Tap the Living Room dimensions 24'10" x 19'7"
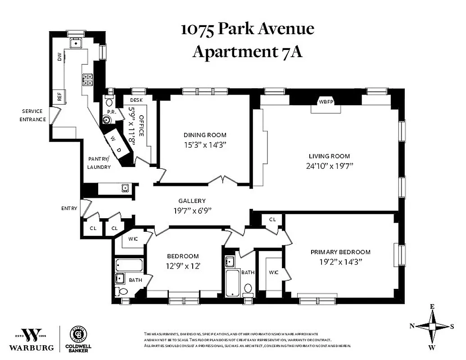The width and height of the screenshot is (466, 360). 329,165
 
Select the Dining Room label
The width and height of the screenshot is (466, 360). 205,135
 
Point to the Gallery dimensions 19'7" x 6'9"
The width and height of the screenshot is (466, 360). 192,210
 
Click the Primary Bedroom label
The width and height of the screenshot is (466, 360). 340,252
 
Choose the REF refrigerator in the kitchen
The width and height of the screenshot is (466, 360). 59,97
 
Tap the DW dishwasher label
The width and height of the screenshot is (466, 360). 59,57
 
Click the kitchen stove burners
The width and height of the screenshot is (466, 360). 87,79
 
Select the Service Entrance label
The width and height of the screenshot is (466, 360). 33,115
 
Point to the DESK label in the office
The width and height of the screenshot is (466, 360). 136,100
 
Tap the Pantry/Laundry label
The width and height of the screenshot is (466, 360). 99,163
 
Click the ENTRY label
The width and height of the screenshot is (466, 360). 69,208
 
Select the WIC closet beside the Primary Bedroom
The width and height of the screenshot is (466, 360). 274,272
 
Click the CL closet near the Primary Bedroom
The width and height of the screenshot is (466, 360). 272,219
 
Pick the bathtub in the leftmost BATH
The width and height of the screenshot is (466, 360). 129,265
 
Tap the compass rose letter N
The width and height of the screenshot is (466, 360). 412,326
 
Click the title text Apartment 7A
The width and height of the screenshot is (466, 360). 247,52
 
